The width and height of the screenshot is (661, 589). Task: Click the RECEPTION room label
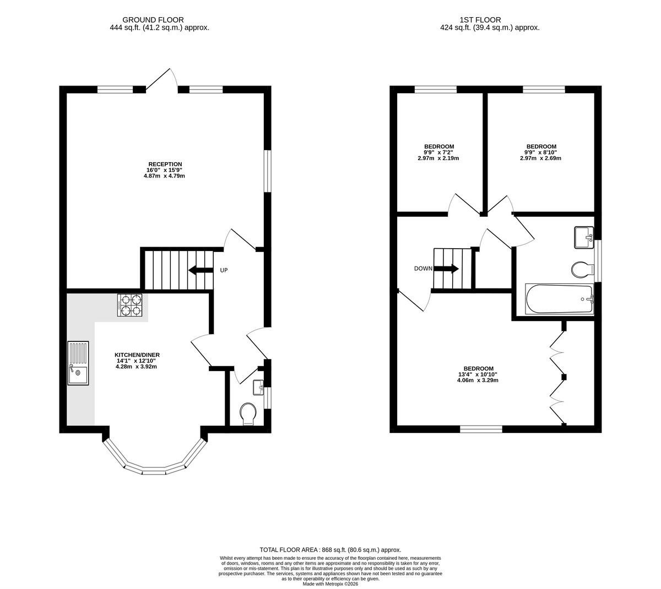tap(165, 164)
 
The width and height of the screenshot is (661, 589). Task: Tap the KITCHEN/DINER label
tap(137, 355)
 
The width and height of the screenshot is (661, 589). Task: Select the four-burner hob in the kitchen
tap(129, 305)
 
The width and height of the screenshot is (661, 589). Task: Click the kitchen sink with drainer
tap(78, 363)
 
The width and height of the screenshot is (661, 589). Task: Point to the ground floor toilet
tap(248, 414)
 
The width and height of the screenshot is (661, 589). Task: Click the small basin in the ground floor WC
tap(259, 388)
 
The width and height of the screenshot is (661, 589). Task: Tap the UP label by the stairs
tap(224, 270)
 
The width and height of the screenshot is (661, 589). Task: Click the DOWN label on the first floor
tap(423, 269)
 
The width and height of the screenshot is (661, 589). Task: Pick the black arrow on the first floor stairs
tap(446, 269)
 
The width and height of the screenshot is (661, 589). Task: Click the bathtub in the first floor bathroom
tap(559, 299)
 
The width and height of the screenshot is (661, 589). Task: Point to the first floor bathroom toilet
tap(582, 270)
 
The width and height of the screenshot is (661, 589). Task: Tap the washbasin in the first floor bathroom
tap(584, 238)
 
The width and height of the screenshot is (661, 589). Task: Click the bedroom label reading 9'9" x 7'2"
tap(438, 152)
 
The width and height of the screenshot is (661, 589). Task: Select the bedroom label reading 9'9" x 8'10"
tap(541, 152)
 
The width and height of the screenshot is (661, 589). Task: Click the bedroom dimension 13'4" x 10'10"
tap(478, 374)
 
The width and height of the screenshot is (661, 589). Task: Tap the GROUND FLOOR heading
tap(153, 20)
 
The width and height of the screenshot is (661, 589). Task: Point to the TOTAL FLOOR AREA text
tap(288, 550)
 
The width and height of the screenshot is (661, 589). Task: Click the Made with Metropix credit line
tap(330, 584)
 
